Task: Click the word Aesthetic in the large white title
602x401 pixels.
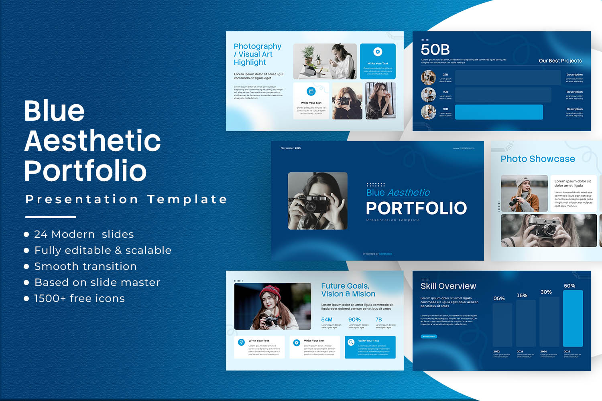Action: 93,141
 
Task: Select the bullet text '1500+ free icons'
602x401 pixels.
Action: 79,298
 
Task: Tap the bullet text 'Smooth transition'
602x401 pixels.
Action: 85,266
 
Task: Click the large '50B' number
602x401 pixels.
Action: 435,50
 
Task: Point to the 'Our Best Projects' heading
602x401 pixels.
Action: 560,61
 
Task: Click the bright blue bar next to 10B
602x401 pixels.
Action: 498,112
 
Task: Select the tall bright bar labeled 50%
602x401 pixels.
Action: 573,318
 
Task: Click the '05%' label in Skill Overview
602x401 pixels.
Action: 499,298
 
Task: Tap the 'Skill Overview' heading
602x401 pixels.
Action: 448,286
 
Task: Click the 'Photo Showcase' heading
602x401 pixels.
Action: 537,159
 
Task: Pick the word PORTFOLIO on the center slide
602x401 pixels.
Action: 416,208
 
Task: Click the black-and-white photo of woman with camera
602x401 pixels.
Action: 318,201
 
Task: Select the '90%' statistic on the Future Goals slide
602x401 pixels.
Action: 354,320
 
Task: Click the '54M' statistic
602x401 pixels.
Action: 327,320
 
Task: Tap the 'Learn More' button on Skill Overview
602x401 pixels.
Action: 429,336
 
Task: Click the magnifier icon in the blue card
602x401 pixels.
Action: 351,342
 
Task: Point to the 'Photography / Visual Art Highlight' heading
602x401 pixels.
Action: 257,54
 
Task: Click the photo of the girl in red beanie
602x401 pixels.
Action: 273,306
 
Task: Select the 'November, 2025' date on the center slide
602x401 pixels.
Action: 291,148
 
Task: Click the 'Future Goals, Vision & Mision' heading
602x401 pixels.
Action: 348,290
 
